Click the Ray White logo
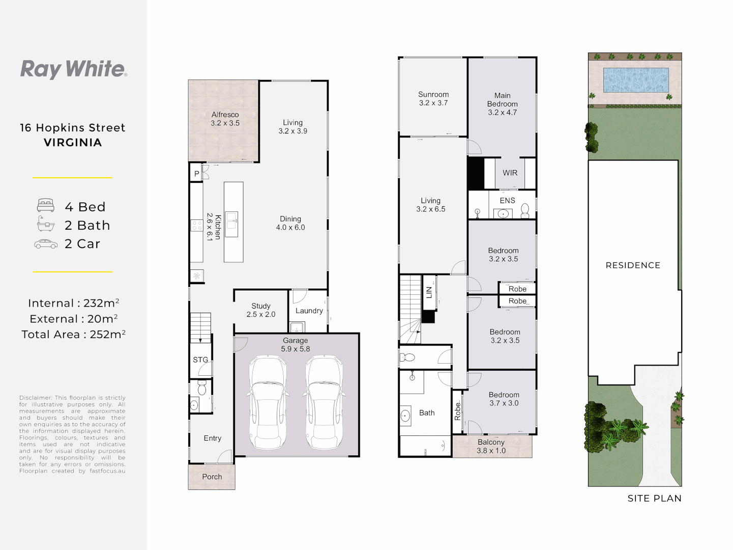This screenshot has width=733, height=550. coord(73,69)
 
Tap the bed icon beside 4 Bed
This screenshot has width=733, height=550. coord(46,206)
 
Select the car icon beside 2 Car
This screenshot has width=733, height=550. coord(46,244)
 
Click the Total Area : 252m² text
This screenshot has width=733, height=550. coord(73,335)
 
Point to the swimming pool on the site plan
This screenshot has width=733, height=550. coord(635,80)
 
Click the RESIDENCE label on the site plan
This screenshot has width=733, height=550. coord(633,265)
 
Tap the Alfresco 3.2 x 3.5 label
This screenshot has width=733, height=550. coord(225,119)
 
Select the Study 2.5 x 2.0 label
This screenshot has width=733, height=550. coord(261,310)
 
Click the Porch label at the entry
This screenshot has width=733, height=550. coord(212,477)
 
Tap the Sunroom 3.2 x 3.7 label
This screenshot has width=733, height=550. coord(433,98)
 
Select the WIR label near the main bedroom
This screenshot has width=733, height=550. coord(510,173)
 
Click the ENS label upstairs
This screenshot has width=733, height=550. coord(507,201)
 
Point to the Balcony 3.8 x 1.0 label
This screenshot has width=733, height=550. coord(491,446)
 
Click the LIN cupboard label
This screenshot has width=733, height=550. coord(429,293)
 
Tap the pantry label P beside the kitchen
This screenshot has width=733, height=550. coord(196,174)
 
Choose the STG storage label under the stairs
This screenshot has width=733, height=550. coord(200,360)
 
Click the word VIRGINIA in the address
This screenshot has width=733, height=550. coord(73,143)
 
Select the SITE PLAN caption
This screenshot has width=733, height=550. coord(654,499)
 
